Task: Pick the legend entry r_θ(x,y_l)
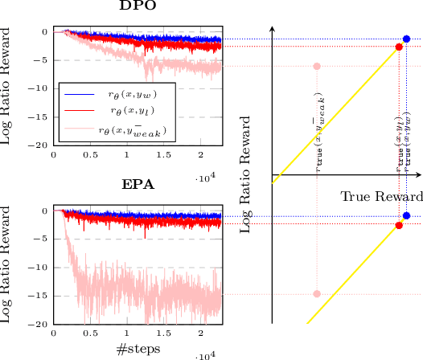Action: click(x=133, y=109)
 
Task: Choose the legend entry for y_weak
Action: click(x=133, y=128)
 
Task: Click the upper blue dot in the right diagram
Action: click(x=406, y=39)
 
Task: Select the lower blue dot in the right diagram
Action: click(x=406, y=215)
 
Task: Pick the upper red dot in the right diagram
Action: click(x=399, y=47)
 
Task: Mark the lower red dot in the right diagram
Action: click(x=399, y=225)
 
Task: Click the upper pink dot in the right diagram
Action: click(x=317, y=67)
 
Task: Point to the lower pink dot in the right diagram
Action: click(x=317, y=293)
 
